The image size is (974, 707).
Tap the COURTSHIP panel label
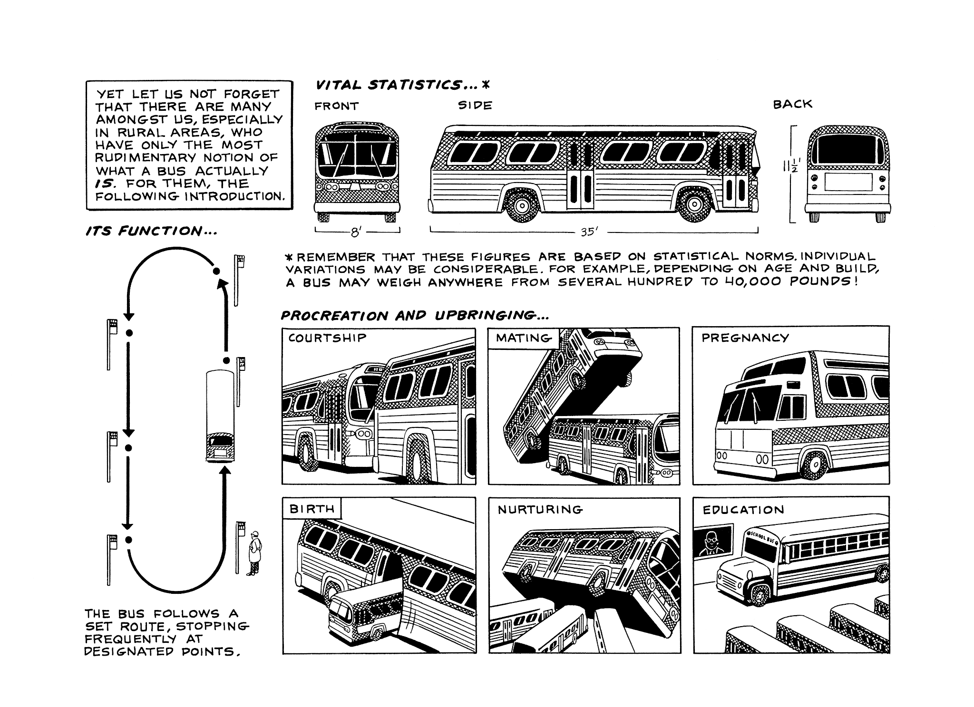coord(327,338)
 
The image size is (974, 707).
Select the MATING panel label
coord(524,338)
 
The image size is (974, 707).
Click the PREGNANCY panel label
coord(745,338)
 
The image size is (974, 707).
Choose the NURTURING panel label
coord(540,510)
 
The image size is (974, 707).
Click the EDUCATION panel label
coord(743,510)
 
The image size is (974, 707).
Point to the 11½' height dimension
coord(791,167)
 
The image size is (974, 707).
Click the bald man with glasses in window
coord(711,542)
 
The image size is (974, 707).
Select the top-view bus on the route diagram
coord(220,416)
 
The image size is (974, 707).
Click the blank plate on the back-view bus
coord(848,182)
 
